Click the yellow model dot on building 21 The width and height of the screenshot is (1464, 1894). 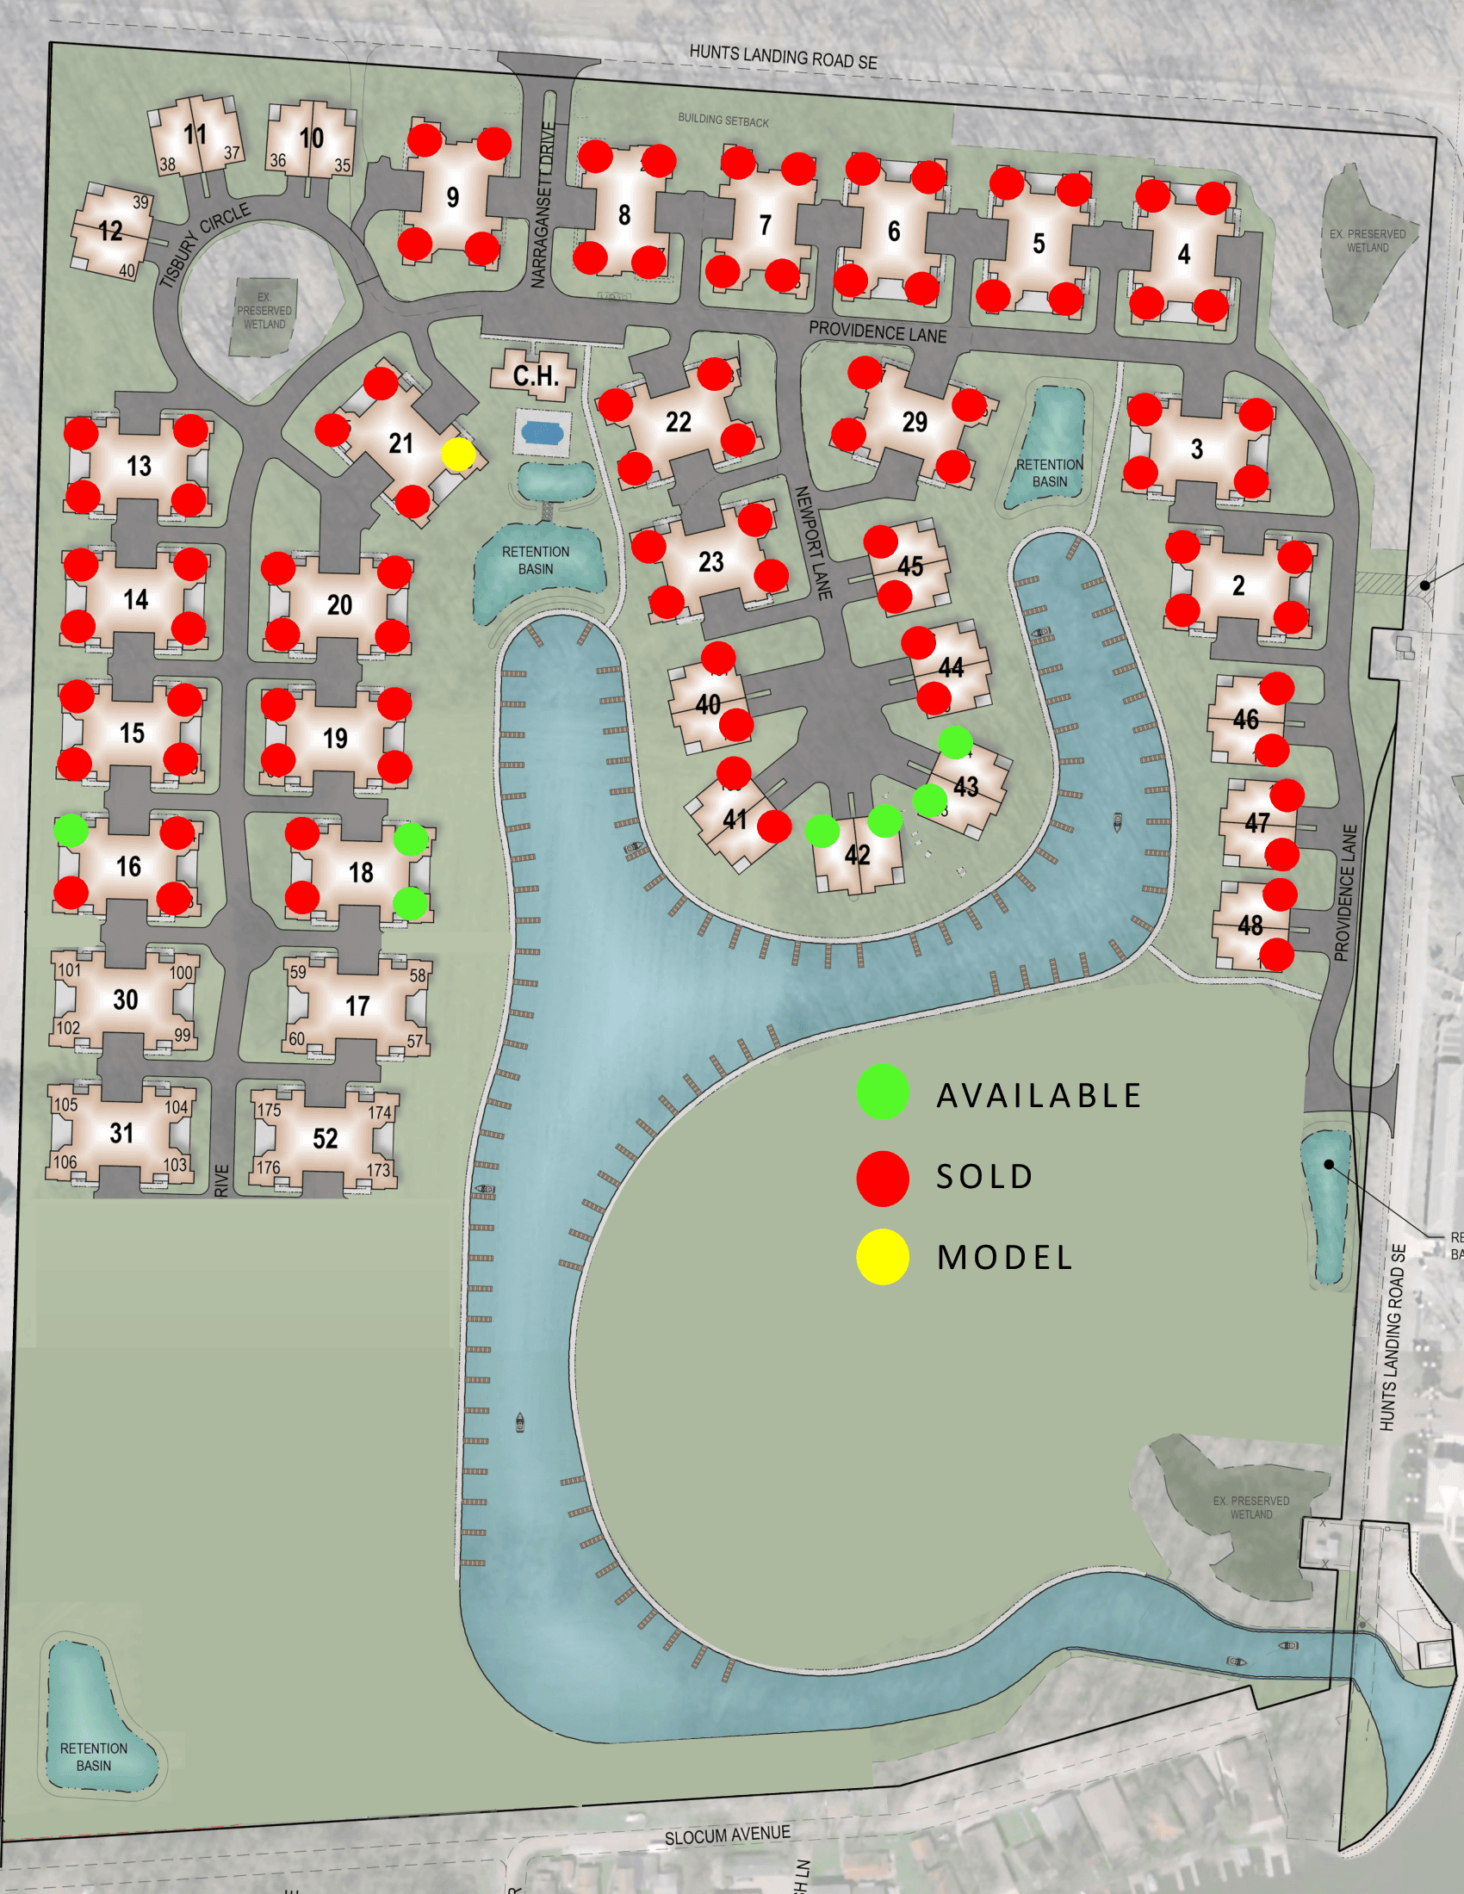[458, 454]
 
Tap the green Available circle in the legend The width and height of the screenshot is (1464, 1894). [882, 1091]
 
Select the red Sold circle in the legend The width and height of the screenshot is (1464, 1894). [882, 1178]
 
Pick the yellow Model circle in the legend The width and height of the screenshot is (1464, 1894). [882, 1257]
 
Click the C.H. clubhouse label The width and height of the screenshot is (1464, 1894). [535, 375]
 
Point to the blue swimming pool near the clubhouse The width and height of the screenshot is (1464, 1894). [543, 431]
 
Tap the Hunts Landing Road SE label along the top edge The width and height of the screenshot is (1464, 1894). [783, 57]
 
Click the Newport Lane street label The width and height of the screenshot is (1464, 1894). [814, 543]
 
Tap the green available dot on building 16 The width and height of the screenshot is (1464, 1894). [71, 830]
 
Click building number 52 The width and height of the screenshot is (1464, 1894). [326, 1139]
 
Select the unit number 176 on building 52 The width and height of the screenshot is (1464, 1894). [268, 1168]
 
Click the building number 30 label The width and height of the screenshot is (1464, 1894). [126, 1000]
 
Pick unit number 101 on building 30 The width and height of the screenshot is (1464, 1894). [70, 969]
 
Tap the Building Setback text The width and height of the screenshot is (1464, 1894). [723, 121]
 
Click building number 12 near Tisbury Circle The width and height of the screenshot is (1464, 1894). [110, 231]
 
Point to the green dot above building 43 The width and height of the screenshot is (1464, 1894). [955, 741]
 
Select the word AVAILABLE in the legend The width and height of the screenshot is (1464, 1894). [1039, 1095]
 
